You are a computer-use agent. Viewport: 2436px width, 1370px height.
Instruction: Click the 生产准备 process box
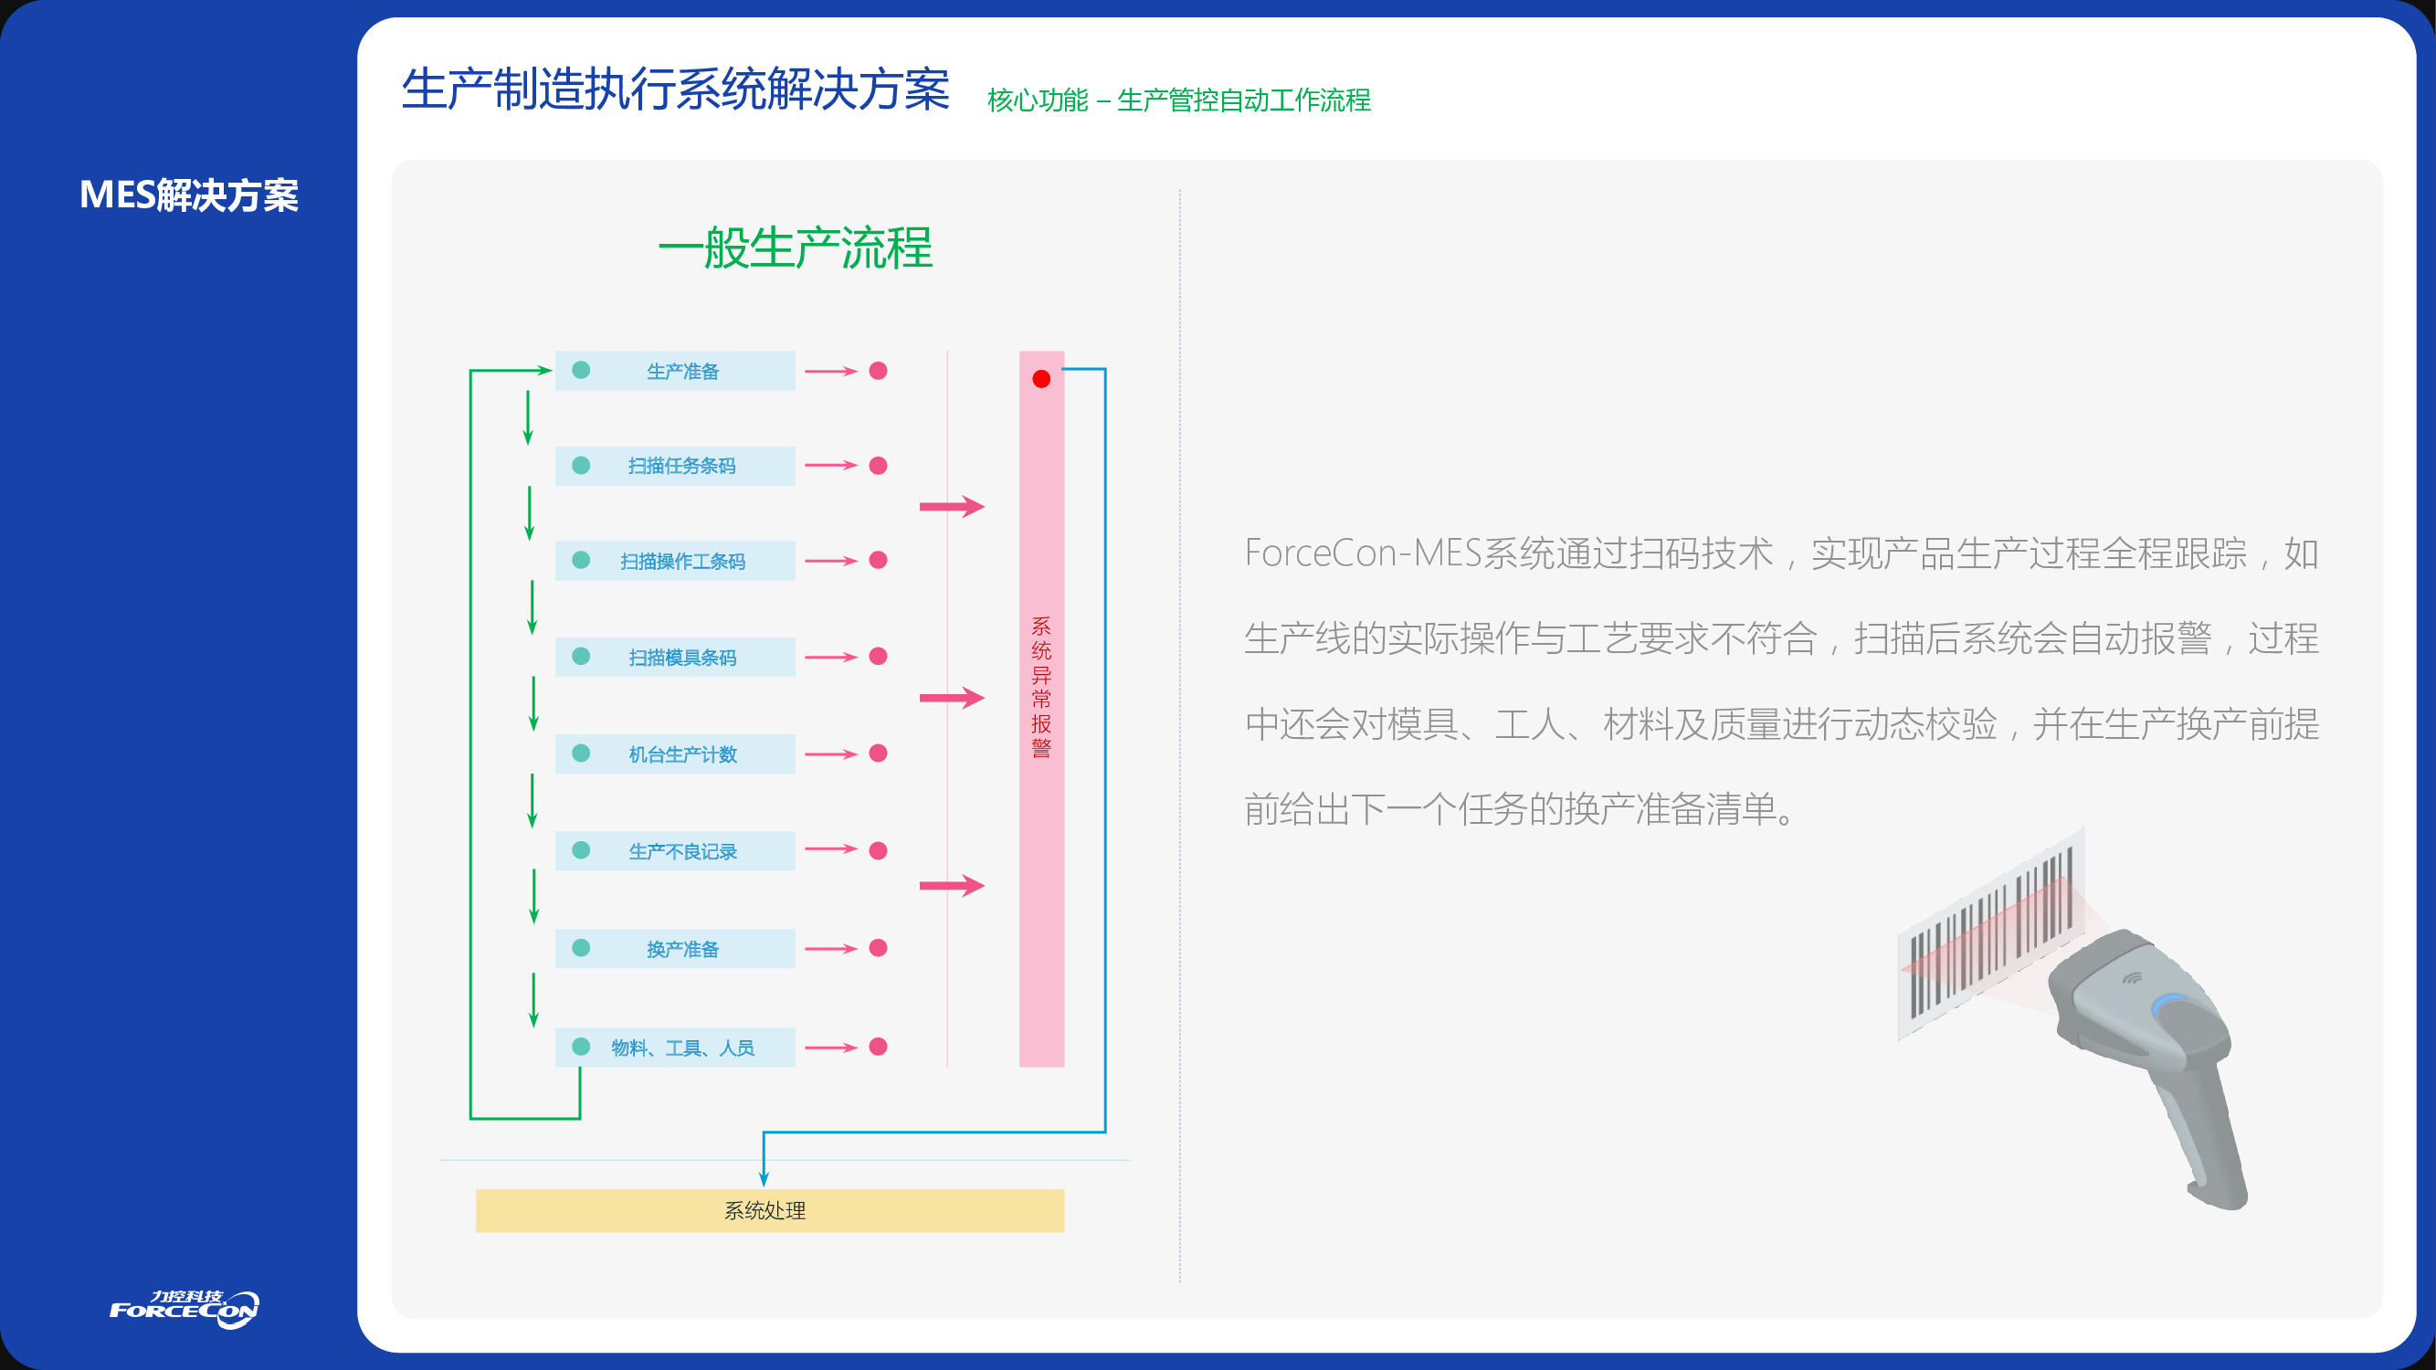click(x=674, y=371)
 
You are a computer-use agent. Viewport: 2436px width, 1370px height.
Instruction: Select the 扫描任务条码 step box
click(x=674, y=466)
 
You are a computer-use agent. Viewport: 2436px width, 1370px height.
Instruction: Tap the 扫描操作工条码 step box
click(x=674, y=561)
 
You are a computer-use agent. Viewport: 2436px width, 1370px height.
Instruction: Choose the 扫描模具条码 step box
click(x=674, y=657)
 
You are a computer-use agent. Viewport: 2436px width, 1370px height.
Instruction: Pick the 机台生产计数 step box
click(x=674, y=753)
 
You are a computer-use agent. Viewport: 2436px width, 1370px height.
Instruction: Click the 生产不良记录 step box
click(x=674, y=851)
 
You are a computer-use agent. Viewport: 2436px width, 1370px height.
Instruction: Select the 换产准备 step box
click(x=674, y=948)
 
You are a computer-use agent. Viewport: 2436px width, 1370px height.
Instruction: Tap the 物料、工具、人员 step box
click(x=674, y=1048)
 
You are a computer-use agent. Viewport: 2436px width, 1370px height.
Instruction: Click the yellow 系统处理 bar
click(x=770, y=1210)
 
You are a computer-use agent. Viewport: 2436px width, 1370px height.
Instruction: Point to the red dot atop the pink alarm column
click(x=1041, y=379)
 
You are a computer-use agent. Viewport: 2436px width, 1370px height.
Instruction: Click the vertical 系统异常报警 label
click(x=1041, y=688)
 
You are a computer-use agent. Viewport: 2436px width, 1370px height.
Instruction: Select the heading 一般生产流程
click(x=796, y=248)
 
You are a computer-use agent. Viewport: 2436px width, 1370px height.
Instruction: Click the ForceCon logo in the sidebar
click(x=185, y=1310)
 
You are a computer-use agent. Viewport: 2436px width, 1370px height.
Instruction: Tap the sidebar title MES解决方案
click(x=189, y=195)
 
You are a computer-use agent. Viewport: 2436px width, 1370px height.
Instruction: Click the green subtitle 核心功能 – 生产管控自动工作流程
click(x=1178, y=100)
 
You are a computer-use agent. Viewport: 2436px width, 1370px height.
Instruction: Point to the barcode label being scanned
click(x=1990, y=936)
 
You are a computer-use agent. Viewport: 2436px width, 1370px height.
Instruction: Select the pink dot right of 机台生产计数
click(x=879, y=753)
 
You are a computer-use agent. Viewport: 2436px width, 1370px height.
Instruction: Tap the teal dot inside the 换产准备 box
click(x=582, y=948)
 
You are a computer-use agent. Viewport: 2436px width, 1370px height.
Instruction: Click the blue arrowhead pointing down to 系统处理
click(x=765, y=1178)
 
